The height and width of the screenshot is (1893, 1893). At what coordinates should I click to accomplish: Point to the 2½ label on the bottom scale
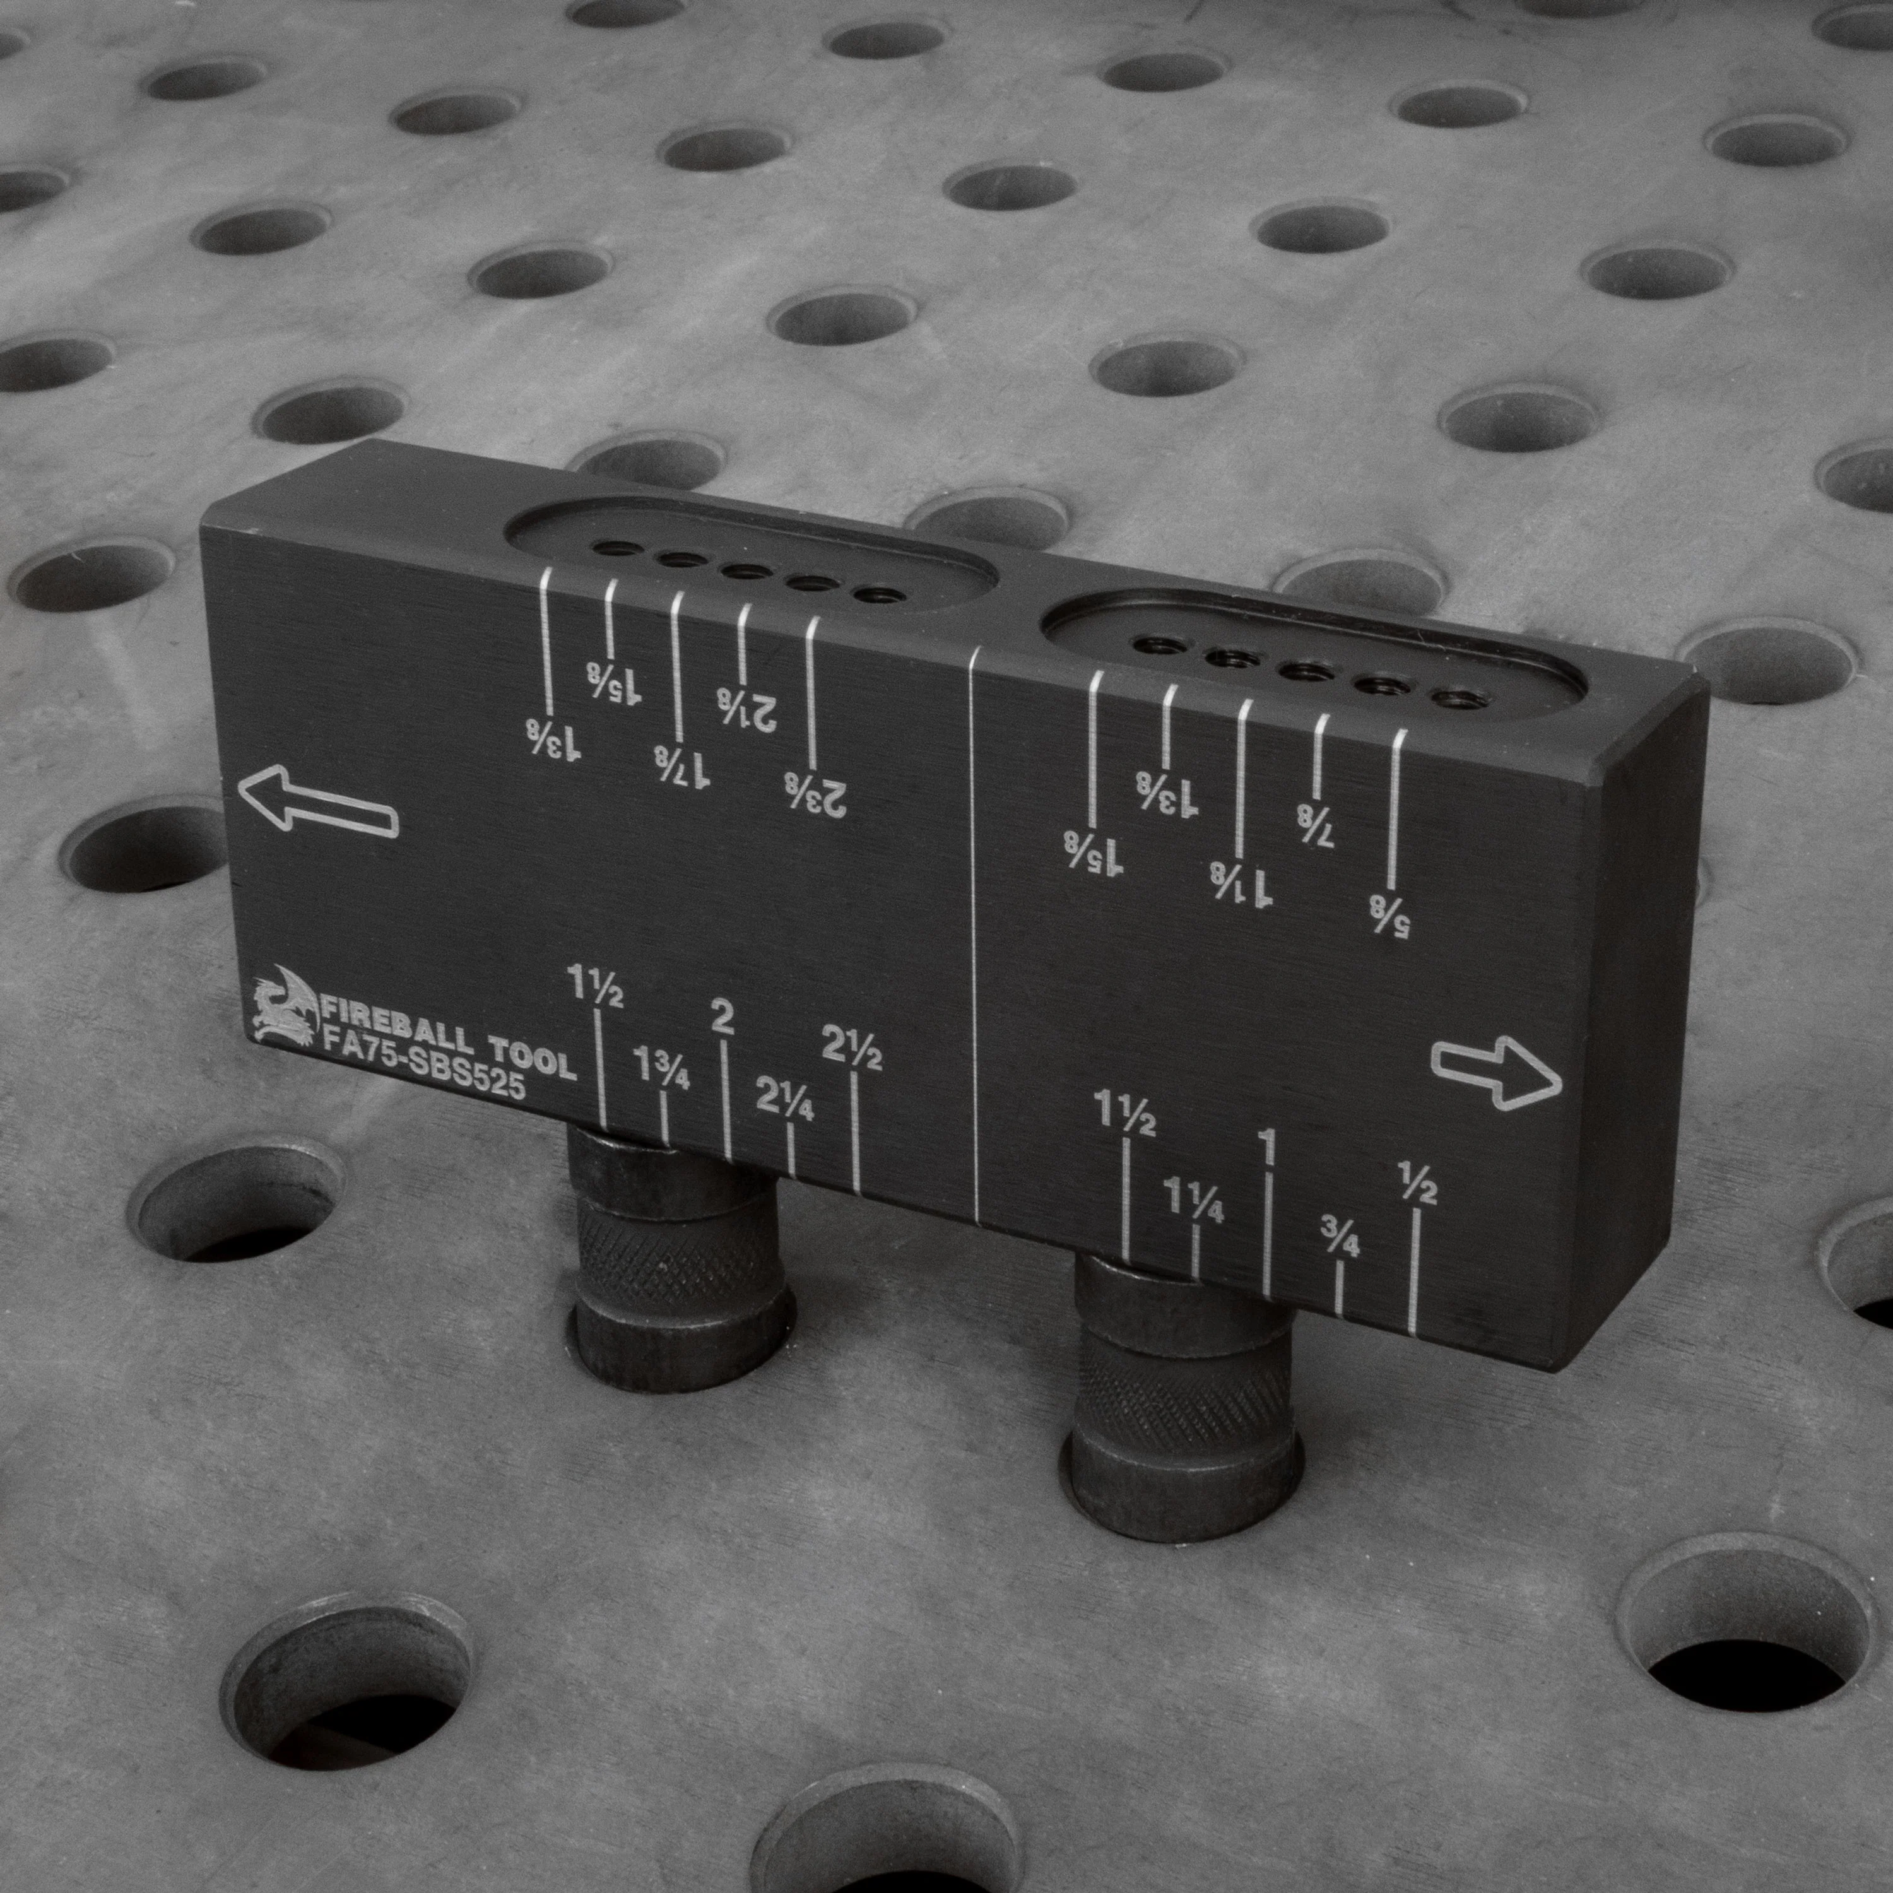pos(851,1047)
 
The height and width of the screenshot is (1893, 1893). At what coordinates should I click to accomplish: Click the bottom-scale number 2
pos(721,1019)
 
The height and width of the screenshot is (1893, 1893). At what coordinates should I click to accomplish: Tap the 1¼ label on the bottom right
pos(1193,1198)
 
